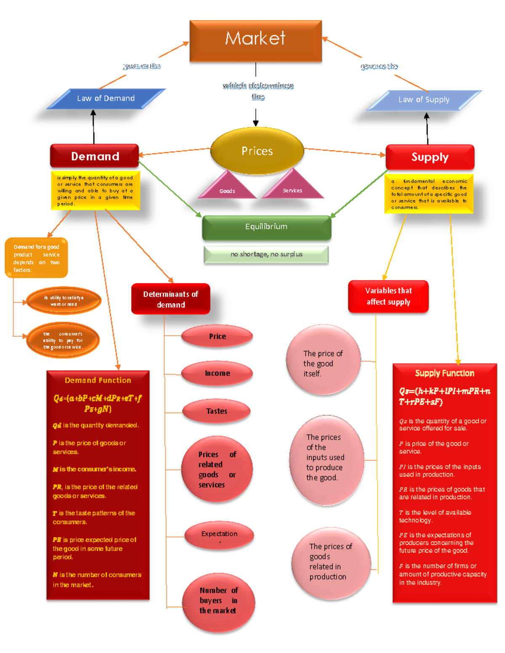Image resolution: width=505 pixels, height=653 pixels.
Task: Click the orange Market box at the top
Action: [x=255, y=40]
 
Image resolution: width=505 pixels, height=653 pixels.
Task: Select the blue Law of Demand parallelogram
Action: [x=106, y=98]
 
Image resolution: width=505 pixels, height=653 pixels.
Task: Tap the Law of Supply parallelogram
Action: [x=424, y=100]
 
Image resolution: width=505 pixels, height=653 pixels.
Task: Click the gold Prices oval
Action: [x=257, y=151]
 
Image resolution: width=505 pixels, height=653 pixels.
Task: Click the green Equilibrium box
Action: [x=266, y=227]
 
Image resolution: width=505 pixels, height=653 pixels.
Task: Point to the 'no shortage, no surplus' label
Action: [x=266, y=254]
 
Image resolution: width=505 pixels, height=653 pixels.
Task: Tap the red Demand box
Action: [x=95, y=156]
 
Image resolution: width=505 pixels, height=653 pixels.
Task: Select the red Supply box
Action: [x=430, y=157]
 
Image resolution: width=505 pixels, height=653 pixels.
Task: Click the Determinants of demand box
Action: [x=170, y=299]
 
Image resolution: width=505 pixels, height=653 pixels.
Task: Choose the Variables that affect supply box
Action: [x=388, y=296]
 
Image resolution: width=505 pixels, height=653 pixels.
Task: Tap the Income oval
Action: [x=217, y=373]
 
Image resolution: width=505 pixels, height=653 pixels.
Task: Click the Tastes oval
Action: [x=217, y=411]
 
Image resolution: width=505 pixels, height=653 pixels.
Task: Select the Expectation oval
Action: [x=219, y=535]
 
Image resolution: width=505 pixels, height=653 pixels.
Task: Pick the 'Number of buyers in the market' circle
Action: [x=218, y=602]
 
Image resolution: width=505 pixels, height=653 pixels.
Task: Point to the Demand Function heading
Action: [x=98, y=380]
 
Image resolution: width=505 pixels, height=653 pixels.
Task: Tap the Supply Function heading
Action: [x=444, y=373]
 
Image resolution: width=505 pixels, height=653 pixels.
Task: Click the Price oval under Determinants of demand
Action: [x=217, y=336]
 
